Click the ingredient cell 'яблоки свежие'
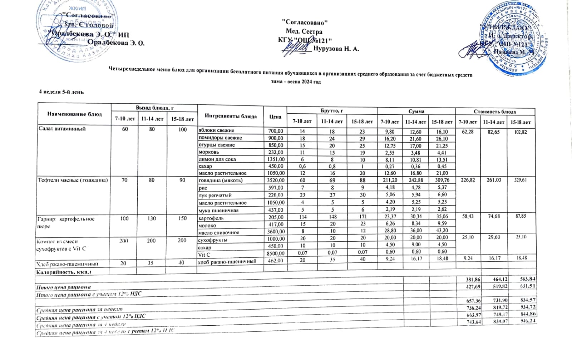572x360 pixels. (x=217, y=130)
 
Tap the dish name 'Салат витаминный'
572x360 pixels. (x=62, y=129)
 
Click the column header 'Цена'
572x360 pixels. (x=275, y=117)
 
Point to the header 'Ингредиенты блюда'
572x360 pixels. (x=231, y=116)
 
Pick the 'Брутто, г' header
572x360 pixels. (x=332, y=111)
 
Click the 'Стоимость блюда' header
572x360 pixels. (x=495, y=112)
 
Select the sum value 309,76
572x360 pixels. (x=442, y=181)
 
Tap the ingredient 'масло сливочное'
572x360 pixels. (x=219, y=233)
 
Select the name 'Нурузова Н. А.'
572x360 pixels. (x=336, y=49)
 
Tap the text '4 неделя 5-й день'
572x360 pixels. (x=61, y=92)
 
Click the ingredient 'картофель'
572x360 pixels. (x=211, y=218)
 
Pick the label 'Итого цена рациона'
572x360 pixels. (x=63, y=287)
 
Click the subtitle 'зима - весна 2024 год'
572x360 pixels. (x=296, y=82)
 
